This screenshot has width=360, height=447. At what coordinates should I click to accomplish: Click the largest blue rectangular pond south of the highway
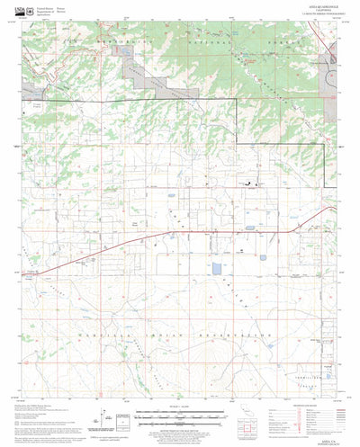[216, 268]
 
